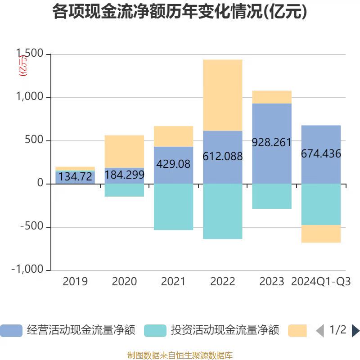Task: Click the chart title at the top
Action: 180,12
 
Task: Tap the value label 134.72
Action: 76,177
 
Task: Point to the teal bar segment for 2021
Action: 173,207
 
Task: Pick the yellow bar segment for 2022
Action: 222,95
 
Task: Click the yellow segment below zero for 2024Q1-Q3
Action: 321,234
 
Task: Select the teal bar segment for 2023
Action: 272,196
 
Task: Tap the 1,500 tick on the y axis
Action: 31,54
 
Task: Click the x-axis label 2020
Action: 124,282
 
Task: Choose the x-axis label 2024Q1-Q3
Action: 321,282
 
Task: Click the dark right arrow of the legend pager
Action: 355,331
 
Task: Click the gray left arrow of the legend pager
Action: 320,331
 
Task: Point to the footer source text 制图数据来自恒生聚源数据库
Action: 180,355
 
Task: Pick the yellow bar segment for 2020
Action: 124,152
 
